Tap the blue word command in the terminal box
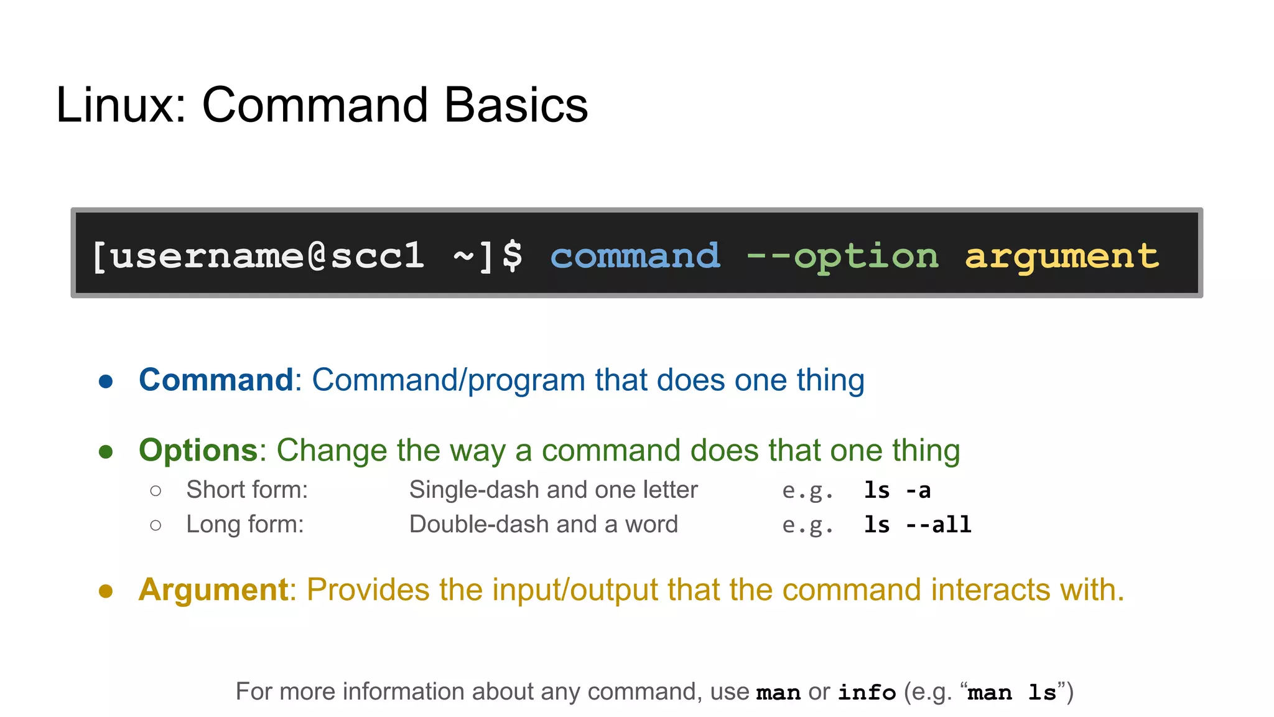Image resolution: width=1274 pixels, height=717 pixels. tap(635, 256)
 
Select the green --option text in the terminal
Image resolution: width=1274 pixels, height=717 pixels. tap(842, 256)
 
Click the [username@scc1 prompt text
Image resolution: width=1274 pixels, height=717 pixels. tap(258, 256)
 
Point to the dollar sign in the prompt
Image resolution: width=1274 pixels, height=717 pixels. tap(513, 256)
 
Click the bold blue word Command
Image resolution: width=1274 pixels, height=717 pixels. tap(216, 380)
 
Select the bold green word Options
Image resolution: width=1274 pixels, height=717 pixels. tap(198, 450)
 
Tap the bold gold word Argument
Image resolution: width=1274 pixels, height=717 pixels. tap(213, 589)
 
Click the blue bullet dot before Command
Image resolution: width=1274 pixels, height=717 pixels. tap(106, 382)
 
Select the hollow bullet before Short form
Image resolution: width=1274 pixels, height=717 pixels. tap(156, 491)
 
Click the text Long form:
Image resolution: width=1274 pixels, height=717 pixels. tap(245, 524)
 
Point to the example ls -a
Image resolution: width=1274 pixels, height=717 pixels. tap(897, 490)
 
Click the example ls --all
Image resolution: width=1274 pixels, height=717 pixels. tap(918, 525)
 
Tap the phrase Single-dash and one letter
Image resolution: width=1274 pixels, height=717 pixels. tap(553, 490)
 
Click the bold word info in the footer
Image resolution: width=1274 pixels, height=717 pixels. tap(867, 692)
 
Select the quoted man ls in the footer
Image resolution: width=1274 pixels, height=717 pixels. tap(1012, 692)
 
